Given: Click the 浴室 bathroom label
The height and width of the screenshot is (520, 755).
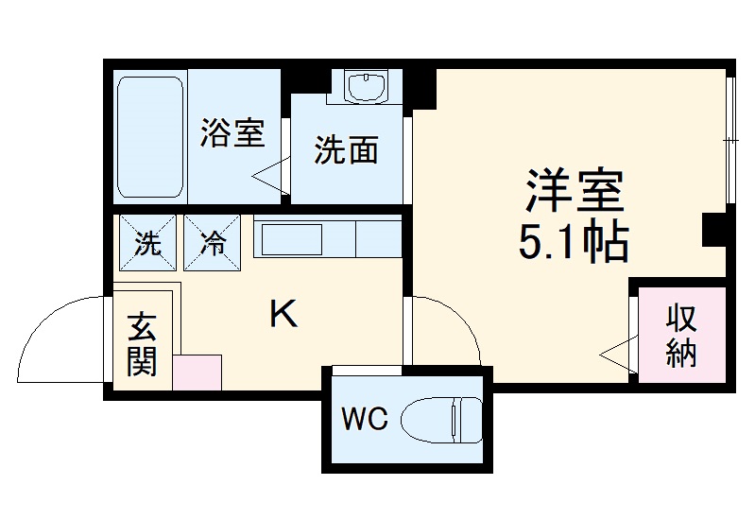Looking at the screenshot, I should [x=231, y=134].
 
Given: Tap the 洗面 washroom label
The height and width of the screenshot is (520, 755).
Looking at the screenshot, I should [x=346, y=149].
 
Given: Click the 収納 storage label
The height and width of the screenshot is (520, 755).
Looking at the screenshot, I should [x=679, y=335].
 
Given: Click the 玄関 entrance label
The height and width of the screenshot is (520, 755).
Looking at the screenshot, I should [x=142, y=344].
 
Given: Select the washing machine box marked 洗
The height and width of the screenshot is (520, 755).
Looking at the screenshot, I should [x=146, y=243].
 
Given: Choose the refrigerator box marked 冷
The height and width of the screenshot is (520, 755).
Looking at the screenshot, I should [x=213, y=243].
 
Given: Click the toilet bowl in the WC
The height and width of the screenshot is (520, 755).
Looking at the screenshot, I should [x=441, y=418].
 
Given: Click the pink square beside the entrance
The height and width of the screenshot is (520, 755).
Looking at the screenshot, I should [x=197, y=372].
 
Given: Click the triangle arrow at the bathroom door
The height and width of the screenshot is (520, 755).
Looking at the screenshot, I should [x=268, y=176].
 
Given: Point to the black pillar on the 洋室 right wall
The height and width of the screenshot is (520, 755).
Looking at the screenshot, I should [x=715, y=228].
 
